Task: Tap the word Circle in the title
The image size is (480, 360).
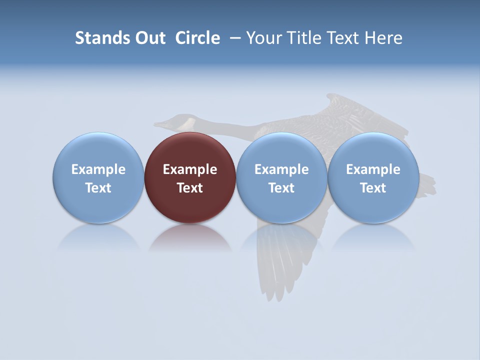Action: (197, 38)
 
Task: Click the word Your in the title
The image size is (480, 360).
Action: (261, 38)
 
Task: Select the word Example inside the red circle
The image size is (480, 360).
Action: (190, 169)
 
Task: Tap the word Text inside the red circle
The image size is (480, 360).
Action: (190, 188)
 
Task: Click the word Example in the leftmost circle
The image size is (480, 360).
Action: (98, 169)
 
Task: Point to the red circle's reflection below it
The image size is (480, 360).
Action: (190, 238)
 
